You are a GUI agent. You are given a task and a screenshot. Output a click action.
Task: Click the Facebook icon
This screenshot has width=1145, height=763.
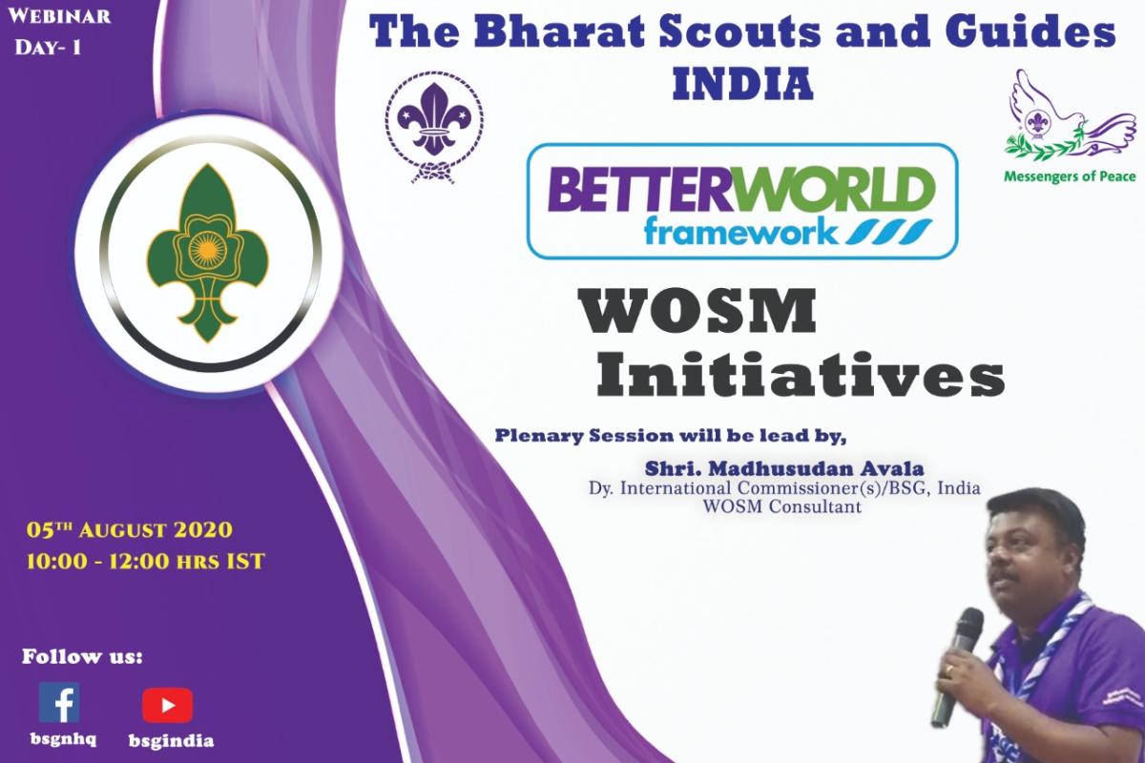tap(59, 703)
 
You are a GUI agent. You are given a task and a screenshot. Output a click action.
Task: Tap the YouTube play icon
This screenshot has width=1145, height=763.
tap(167, 706)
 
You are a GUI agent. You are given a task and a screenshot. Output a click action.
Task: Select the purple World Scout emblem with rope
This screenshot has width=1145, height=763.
tap(434, 124)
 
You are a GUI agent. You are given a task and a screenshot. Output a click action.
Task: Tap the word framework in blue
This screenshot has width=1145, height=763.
tap(732, 233)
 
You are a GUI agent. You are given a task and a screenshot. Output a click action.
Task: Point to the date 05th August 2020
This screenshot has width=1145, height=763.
tap(130, 529)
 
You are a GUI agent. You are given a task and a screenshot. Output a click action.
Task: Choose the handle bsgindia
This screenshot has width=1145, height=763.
tap(171, 741)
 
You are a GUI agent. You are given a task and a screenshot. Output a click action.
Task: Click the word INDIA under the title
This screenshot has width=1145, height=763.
tap(742, 86)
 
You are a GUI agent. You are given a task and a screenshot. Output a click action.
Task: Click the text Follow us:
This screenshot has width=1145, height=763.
tap(82, 656)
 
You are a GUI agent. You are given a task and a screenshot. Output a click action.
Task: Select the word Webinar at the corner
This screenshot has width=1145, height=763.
tap(62, 16)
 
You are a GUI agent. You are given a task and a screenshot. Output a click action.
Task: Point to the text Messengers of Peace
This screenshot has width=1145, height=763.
tap(1068, 176)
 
